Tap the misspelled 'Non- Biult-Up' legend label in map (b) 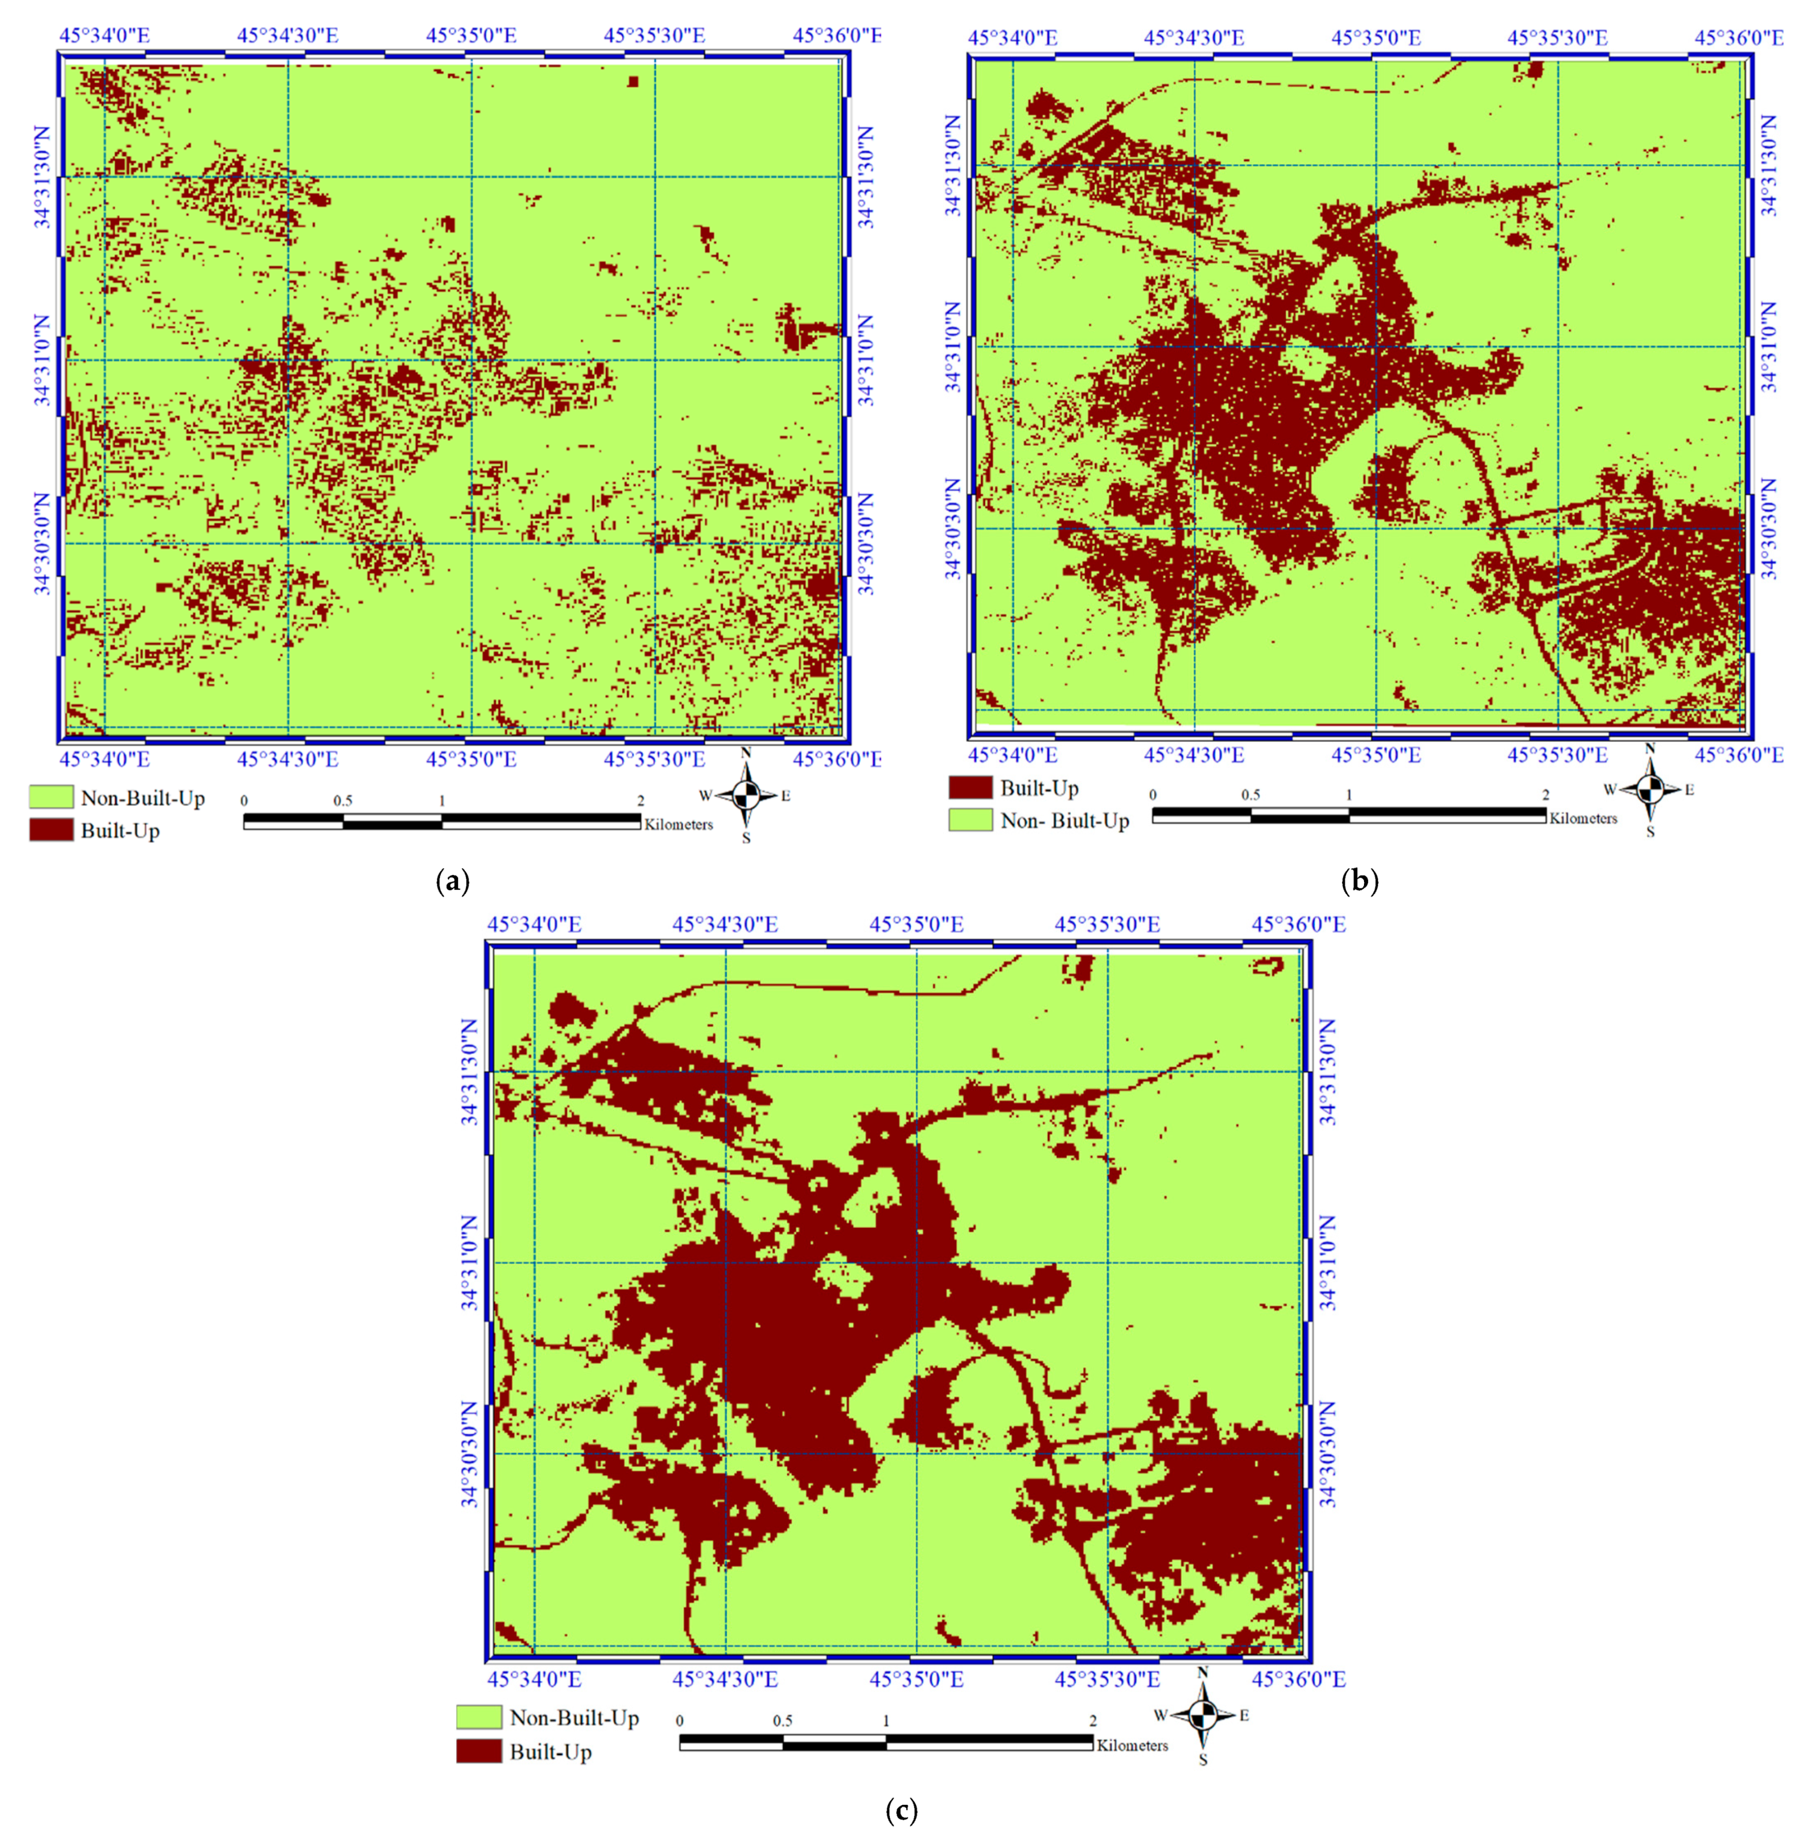click(1064, 821)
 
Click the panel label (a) click(452, 881)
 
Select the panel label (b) click(1359, 881)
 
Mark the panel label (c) click(901, 1810)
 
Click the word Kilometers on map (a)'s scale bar click(678, 824)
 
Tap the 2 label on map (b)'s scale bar click(1545, 794)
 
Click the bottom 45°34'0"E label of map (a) click(105, 759)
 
